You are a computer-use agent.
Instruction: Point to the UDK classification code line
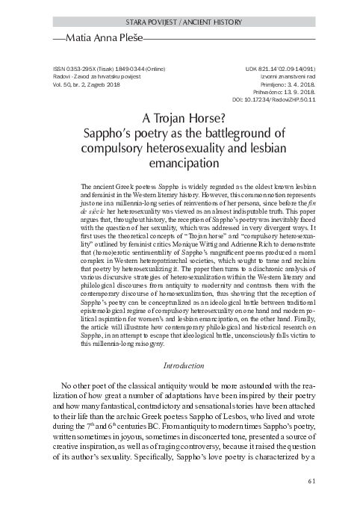tap(273, 67)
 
